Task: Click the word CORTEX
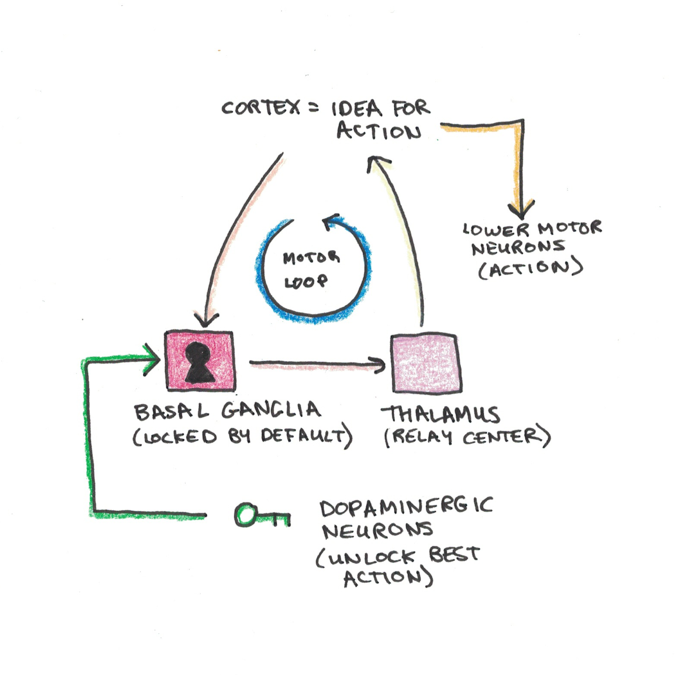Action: [x=260, y=108]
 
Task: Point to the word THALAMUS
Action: [x=440, y=414]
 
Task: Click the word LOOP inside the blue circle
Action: [x=306, y=282]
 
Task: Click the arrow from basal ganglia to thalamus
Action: [x=316, y=365]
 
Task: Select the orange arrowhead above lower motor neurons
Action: [x=521, y=210]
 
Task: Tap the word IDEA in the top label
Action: [x=356, y=108]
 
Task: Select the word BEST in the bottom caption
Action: [x=454, y=554]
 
